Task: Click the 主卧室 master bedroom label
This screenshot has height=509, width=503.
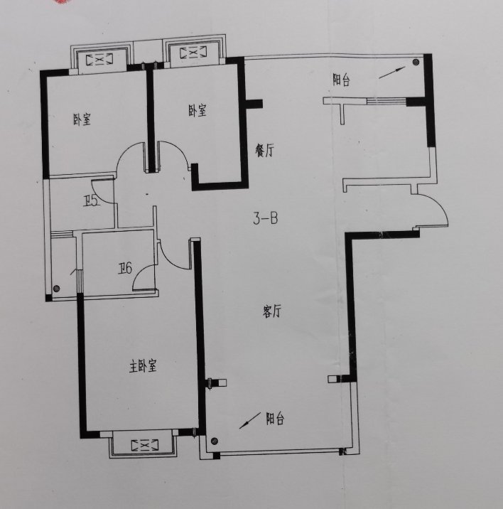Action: coord(143,367)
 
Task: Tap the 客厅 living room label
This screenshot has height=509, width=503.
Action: coord(271,311)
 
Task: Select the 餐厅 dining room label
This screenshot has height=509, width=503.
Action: coord(264,151)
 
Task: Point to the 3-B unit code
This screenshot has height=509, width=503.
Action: coord(266,218)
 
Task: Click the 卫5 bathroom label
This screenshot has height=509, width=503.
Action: coord(90,202)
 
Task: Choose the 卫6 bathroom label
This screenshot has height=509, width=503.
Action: coord(125,269)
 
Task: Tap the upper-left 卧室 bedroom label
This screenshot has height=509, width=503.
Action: coord(82,119)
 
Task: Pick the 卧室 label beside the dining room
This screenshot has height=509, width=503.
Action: coord(198,110)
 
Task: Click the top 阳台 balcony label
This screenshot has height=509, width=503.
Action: coord(342,80)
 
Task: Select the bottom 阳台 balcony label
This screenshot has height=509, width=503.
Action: coord(275,419)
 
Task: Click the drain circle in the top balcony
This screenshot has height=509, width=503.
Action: coord(416,62)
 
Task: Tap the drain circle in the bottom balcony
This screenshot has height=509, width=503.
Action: coord(214,441)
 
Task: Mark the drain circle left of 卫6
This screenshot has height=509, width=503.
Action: coord(56,288)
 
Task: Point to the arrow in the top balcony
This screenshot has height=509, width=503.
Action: coord(392,73)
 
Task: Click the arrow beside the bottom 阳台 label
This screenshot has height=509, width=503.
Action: coord(250,420)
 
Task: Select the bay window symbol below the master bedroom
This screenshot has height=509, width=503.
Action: coord(145,445)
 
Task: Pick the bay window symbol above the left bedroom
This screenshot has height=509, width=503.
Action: coord(99,60)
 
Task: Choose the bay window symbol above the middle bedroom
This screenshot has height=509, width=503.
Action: coord(193,53)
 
